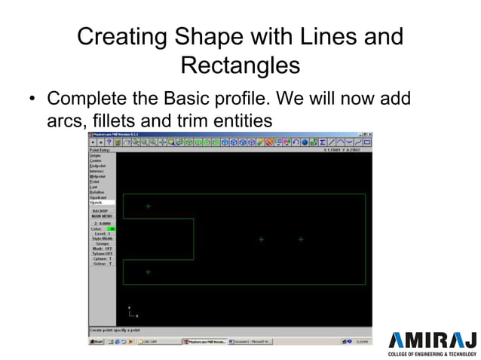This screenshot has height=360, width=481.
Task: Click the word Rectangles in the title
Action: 240,65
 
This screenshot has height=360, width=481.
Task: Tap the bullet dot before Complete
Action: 32,99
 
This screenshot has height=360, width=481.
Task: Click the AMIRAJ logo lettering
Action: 432,338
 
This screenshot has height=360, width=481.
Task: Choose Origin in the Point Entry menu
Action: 95,156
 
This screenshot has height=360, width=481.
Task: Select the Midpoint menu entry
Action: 97,176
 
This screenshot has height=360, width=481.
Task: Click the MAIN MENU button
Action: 102,216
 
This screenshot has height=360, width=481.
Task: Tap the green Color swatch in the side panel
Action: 111,228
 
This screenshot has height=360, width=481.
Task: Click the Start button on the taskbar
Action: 97,342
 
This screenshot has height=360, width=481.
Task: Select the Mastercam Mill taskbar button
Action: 204,342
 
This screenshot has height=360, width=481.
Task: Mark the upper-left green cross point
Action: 148,206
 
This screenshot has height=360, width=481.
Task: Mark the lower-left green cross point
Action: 148,272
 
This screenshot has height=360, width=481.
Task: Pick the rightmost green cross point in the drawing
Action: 301,239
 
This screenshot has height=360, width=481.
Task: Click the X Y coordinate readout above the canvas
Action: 341,150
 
